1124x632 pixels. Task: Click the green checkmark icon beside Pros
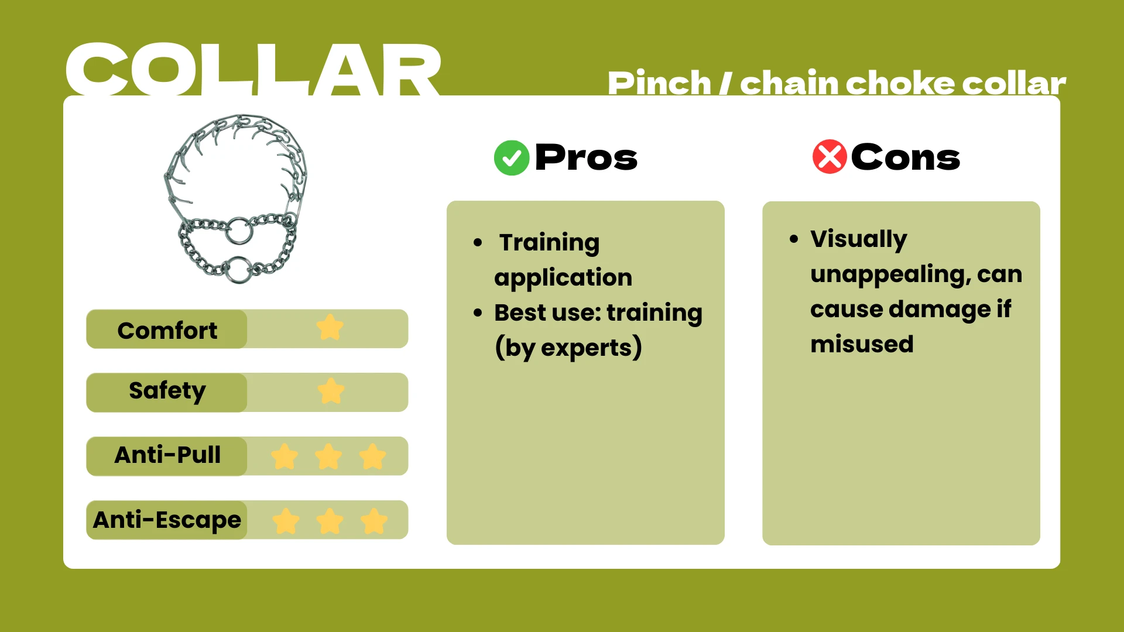[512, 158]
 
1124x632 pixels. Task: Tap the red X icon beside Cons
[830, 157]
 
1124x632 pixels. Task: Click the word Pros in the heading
[586, 158]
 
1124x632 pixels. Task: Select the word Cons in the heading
[905, 158]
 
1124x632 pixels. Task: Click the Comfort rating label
[167, 330]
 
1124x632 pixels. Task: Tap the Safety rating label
[167, 391]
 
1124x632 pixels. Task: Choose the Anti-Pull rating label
[167, 455]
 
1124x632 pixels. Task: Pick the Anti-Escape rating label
[167, 520]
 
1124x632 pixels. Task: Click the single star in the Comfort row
[330, 328]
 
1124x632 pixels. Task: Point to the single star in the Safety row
[331, 391]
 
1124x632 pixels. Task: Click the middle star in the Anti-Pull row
[328, 456]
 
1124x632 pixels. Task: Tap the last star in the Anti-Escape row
[374, 521]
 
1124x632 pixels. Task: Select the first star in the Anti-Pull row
[285, 456]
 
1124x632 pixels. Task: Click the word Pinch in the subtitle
[659, 83]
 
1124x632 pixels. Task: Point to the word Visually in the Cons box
[858, 239]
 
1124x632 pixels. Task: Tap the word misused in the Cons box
[862, 344]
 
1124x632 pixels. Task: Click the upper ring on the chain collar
[239, 231]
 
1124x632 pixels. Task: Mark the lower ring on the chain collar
[239, 269]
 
